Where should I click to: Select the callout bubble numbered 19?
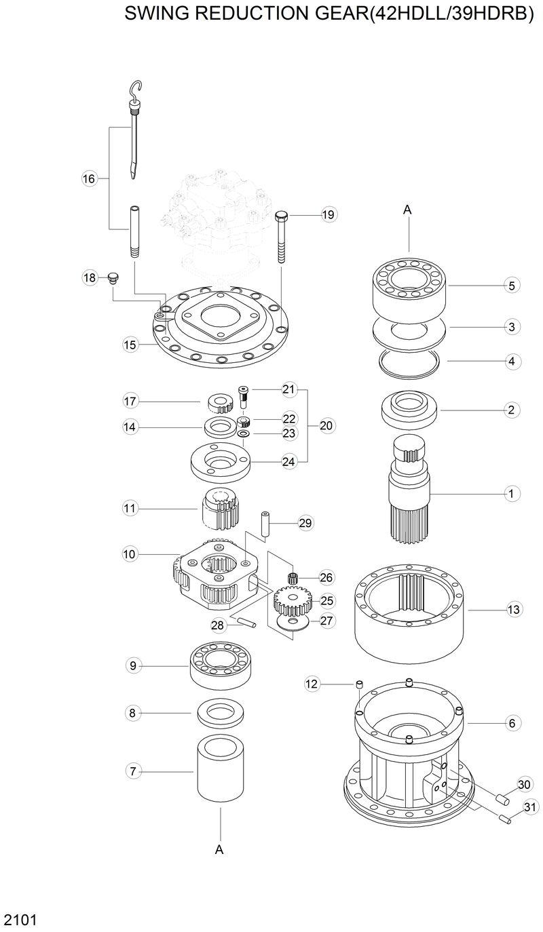(x=328, y=214)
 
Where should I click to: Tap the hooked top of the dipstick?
(x=136, y=89)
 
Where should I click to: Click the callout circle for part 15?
(x=130, y=345)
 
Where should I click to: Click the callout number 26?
(x=326, y=577)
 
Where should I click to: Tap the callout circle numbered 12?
(x=312, y=684)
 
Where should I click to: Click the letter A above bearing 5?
(x=408, y=210)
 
